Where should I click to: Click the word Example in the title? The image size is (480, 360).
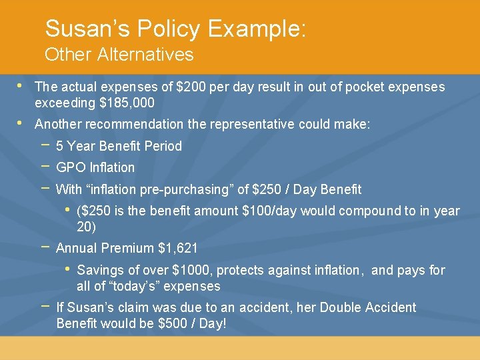click(257, 29)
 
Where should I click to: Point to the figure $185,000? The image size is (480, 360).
click(127, 103)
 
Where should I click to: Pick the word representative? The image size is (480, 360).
click(253, 124)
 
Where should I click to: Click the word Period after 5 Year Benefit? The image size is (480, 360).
click(164, 146)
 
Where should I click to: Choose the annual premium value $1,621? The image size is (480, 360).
click(178, 248)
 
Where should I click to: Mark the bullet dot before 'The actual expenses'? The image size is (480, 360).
click(21, 86)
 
